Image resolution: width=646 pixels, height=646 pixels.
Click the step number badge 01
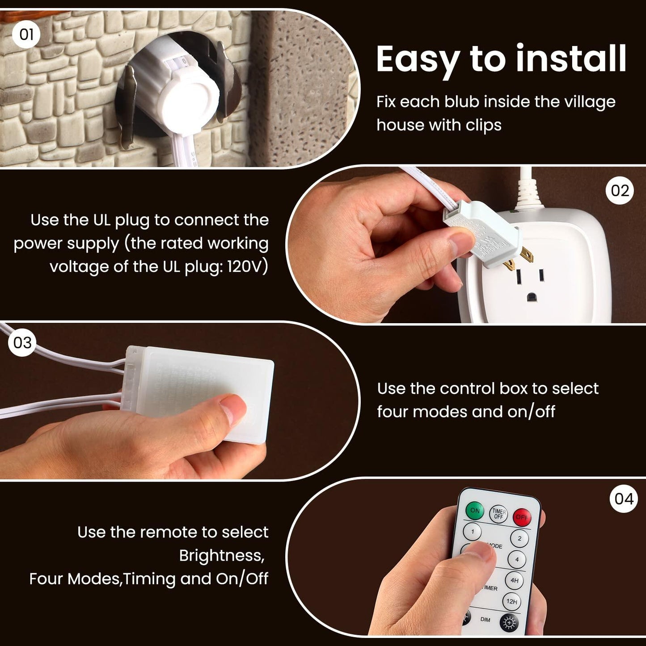tap(26, 34)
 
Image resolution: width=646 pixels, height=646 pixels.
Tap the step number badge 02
tap(620, 191)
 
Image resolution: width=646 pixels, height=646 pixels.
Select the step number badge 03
tap(22, 343)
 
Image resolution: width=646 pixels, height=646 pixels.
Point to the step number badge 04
tap(624, 499)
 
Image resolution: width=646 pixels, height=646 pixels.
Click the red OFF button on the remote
tap(521, 517)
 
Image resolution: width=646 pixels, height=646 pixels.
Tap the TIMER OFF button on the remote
tap(498, 514)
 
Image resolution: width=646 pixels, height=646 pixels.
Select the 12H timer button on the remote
tap(511, 602)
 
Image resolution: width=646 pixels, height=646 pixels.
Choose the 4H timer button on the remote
tap(514, 580)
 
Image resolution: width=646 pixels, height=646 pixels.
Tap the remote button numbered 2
tap(519, 538)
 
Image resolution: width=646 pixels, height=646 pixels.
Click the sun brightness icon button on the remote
tap(508, 622)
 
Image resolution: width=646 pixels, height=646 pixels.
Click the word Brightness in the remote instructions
tap(221, 556)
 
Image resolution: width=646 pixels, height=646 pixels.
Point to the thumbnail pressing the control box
tap(234, 410)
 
